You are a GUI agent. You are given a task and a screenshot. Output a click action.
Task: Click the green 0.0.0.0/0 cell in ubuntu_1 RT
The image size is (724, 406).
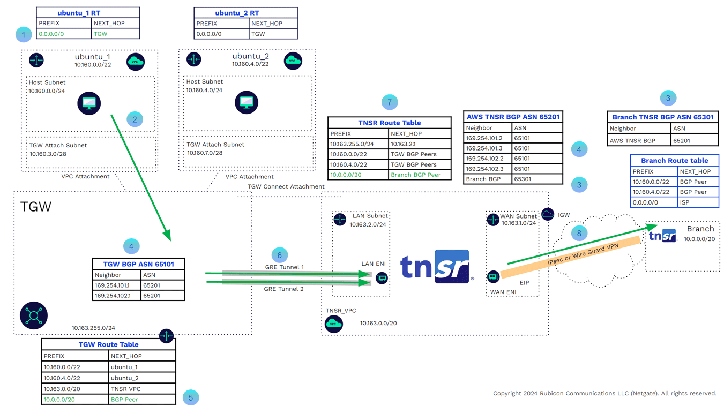point(51,34)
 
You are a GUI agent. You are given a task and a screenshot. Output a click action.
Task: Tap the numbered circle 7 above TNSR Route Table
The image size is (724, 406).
point(390,102)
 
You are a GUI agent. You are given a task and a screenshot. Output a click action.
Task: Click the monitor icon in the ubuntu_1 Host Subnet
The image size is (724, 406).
point(89,103)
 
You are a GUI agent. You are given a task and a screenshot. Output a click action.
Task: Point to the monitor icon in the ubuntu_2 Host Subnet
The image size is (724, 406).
point(247,102)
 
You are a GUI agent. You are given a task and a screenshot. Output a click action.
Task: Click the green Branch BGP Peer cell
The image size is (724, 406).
point(415,175)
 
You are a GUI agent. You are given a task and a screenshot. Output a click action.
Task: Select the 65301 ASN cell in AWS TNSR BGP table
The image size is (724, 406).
point(523,179)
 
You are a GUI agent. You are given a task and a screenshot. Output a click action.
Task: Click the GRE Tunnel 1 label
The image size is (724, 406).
point(284,267)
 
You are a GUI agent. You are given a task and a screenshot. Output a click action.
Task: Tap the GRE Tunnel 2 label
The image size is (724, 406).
point(284,289)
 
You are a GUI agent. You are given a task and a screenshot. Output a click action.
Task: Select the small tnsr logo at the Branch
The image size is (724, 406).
point(662,236)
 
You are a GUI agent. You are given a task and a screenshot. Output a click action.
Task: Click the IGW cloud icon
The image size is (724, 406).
point(548,214)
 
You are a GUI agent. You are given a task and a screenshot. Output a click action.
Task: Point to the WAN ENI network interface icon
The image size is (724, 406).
point(493,276)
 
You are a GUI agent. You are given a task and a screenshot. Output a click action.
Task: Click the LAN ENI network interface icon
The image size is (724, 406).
point(382,277)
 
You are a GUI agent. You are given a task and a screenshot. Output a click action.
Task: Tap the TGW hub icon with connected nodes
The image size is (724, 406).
point(34,315)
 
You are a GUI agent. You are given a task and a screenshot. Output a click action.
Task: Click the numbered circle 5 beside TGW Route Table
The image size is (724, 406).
point(191,397)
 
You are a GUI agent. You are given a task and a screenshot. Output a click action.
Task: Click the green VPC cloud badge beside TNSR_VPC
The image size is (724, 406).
point(334,324)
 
